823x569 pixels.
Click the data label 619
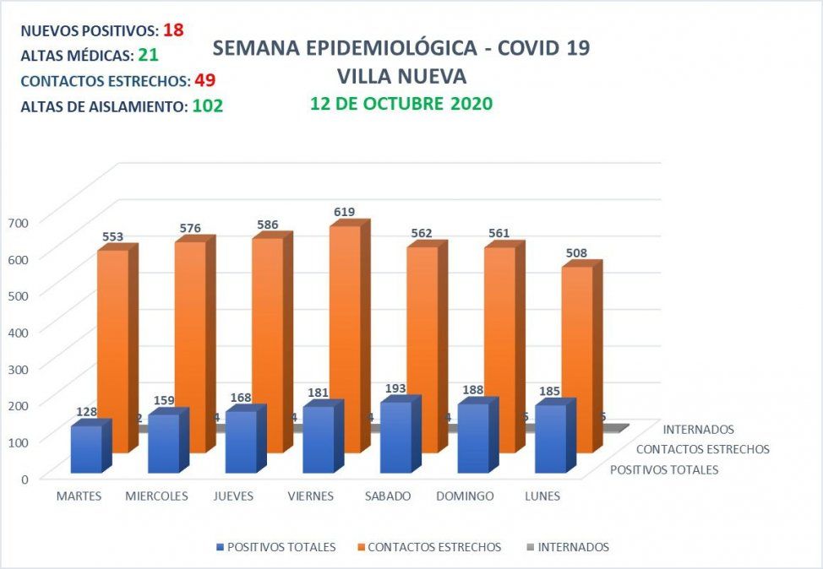[x=344, y=212]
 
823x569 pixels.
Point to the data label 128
[x=85, y=412]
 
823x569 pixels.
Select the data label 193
[x=395, y=387]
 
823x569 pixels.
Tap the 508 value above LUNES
[x=576, y=252]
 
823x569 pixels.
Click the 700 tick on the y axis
[x=19, y=222]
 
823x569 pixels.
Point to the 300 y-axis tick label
[x=19, y=368]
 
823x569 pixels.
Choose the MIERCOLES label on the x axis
[x=156, y=496]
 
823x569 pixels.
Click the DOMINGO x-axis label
[x=465, y=496]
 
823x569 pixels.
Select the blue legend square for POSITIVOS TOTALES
[x=221, y=547]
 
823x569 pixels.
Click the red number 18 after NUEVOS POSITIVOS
[x=173, y=30]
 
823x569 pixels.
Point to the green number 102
[x=207, y=106]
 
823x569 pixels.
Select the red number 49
[x=205, y=81]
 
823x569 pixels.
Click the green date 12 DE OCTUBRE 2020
[x=401, y=104]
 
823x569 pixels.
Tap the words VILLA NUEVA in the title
[x=401, y=76]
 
